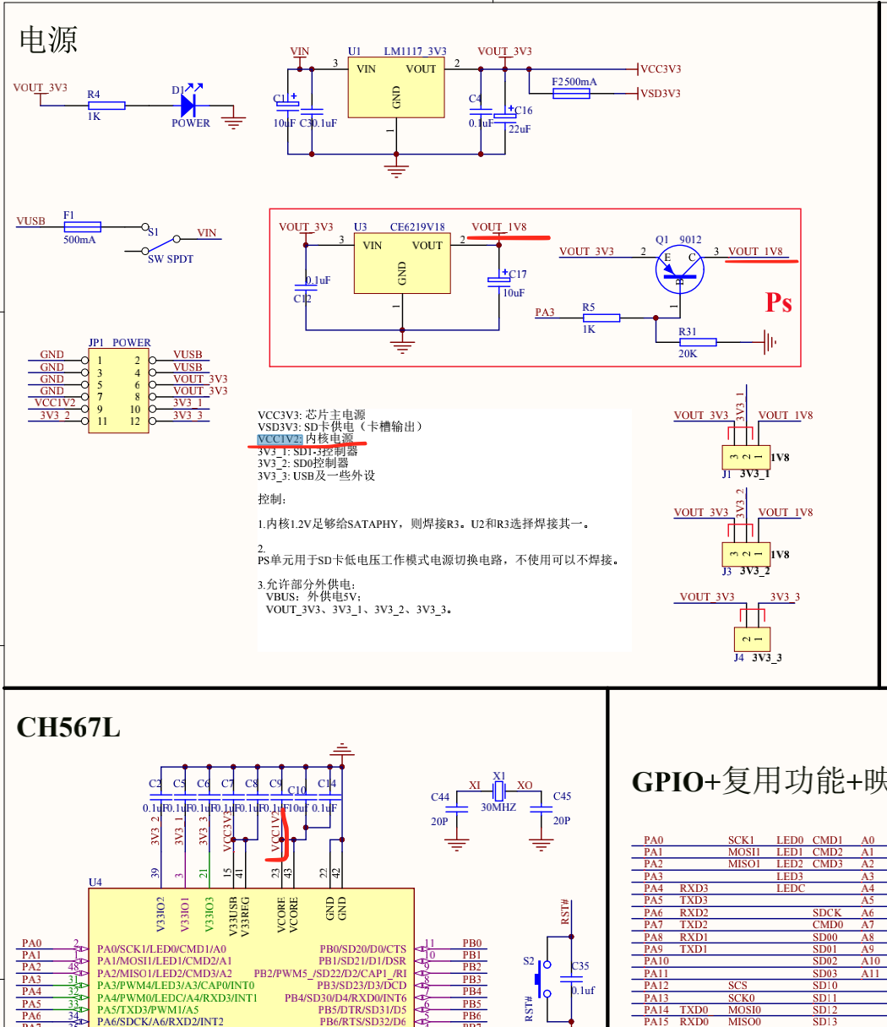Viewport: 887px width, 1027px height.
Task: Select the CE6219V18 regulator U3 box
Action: point(401,264)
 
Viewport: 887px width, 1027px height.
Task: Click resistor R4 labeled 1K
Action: point(106,106)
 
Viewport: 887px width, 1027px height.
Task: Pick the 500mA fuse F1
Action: point(83,226)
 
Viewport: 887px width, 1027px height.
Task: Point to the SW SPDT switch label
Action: point(171,259)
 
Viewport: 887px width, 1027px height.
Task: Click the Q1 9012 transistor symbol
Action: point(678,268)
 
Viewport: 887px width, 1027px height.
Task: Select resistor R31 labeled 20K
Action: point(698,342)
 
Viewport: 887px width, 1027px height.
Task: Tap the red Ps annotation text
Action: point(778,302)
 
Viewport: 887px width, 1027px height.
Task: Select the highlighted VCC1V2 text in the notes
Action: point(280,439)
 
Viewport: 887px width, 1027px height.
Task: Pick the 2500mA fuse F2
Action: point(571,93)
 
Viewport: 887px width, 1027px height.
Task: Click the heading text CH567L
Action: point(68,727)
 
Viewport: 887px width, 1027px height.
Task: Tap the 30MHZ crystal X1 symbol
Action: point(499,792)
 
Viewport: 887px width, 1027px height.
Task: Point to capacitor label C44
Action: point(440,796)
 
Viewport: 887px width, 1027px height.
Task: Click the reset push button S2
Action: point(541,979)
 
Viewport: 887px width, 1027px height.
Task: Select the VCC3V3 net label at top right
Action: point(661,69)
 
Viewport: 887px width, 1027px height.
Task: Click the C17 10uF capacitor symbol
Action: point(495,280)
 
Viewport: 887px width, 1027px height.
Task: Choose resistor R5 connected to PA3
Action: point(601,318)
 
